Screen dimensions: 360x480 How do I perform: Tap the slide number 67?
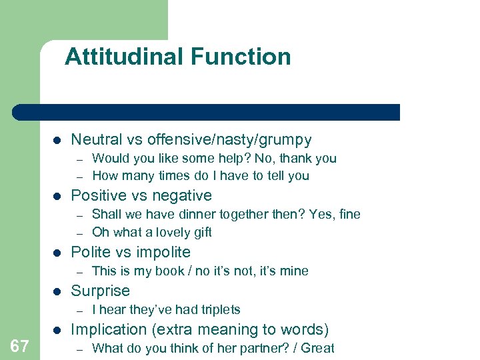(19, 345)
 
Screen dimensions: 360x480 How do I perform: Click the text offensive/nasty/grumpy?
(229, 139)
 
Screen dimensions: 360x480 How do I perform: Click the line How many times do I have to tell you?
(201, 176)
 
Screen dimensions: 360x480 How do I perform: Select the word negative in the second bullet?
(183, 195)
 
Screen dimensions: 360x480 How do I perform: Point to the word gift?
(199, 232)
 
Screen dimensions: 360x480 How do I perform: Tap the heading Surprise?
(100, 291)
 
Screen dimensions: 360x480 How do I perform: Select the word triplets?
(217, 309)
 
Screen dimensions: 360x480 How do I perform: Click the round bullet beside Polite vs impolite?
(57, 253)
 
